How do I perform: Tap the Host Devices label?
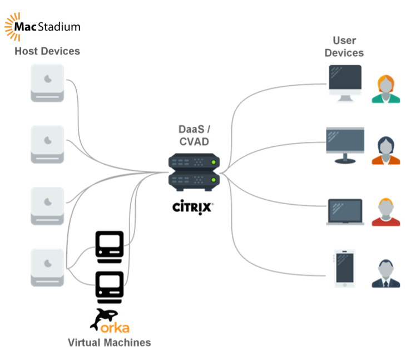click(x=47, y=51)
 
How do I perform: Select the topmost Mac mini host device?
click(x=47, y=82)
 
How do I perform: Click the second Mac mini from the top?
click(x=47, y=144)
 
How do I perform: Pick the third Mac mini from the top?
click(x=47, y=205)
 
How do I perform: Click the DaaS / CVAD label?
click(x=195, y=135)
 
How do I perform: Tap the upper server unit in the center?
click(x=194, y=162)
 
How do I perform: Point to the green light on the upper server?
click(x=214, y=162)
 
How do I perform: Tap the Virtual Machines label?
click(x=110, y=342)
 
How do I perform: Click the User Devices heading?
click(x=344, y=47)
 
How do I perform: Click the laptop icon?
click(x=345, y=211)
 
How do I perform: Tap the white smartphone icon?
click(x=345, y=268)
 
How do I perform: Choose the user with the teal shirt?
click(x=386, y=89)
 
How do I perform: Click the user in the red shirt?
click(x=386, y=212)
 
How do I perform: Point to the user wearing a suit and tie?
click(x=386, y=273)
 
